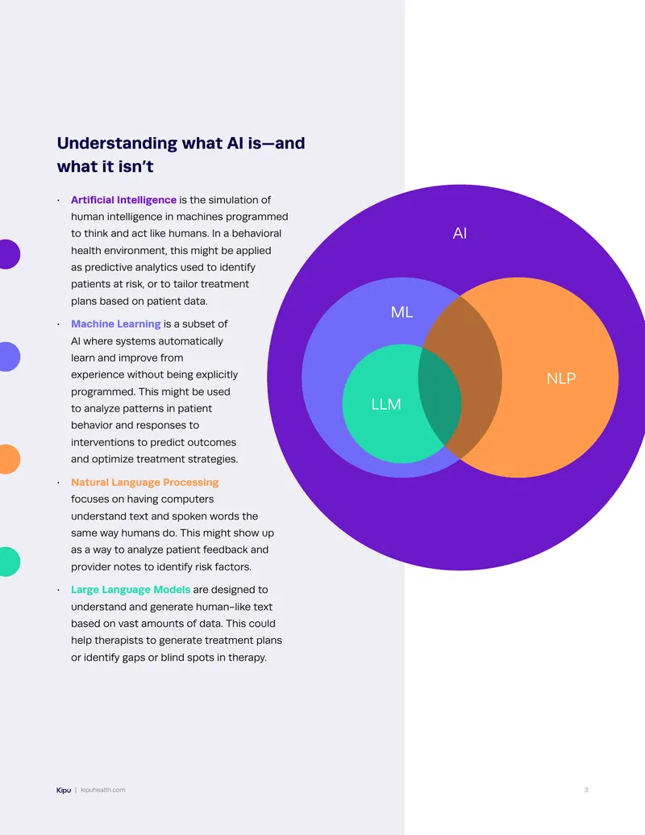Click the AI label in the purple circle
point(460,232)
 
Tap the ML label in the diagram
point(402,311)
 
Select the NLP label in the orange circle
point(561,378)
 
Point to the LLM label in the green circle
point(386,404)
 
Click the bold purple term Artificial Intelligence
point(123,200)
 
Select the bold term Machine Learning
point(115,324)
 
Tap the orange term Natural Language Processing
point(145,482)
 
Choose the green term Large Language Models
point(131,590)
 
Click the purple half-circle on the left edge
point(9,254)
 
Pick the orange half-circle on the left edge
point(9,459)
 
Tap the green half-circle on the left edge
point(9,562)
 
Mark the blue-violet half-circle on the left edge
point(9,357)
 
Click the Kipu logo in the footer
point(64,791)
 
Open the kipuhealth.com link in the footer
point(103,790)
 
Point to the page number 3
point(586,790)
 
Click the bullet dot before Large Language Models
point(59,590)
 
